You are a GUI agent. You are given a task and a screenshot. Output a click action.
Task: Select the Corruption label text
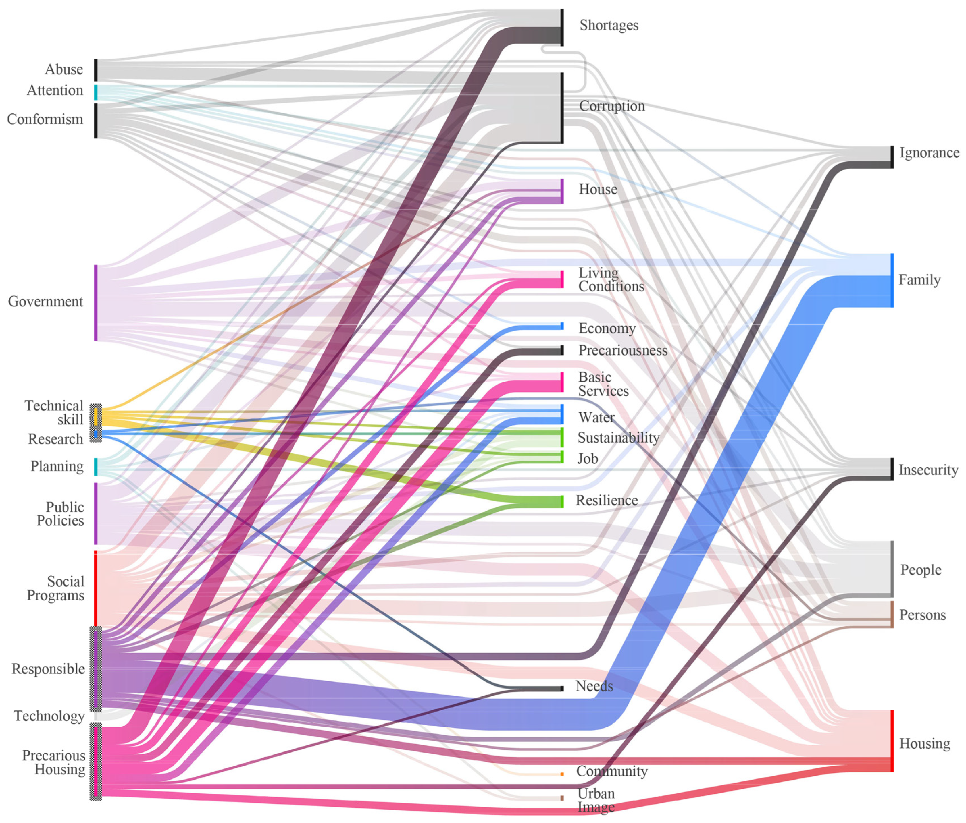(x=612, y=106)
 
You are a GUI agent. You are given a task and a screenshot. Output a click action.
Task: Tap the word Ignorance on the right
(x=929, y=153)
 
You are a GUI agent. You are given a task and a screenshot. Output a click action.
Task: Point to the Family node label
(x=919, y=280)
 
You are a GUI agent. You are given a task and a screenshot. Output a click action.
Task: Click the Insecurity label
(x=928, y=470)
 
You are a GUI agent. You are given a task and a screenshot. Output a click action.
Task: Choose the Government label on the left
(x=45, y=302)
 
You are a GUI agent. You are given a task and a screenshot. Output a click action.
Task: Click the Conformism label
(x=45, y=119)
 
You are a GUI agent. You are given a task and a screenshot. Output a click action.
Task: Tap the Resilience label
(x=607, y=501)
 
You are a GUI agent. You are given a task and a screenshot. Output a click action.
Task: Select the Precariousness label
(x=622, y=350)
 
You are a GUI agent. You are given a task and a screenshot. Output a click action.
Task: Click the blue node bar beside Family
(x=892, y=280)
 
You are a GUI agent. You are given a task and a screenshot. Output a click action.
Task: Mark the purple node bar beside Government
(x=96, y=303)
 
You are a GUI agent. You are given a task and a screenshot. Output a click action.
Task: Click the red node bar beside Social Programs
(x=96, y=588)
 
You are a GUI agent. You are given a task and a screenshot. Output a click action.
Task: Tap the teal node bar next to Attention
(x=96, y=92)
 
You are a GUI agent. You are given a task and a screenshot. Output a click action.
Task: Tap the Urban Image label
(x=596, y=800)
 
